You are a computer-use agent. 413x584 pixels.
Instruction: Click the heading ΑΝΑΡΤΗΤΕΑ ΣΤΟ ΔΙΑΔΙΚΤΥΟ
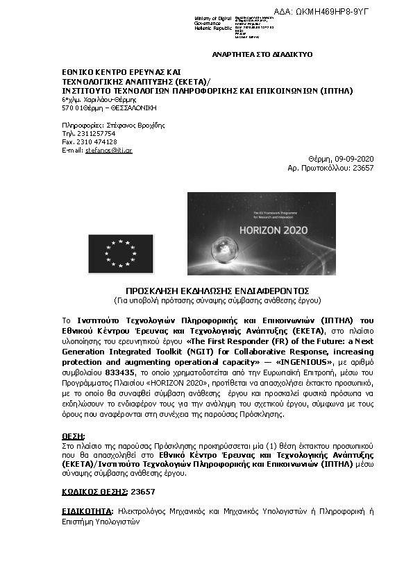[x=262, y=54]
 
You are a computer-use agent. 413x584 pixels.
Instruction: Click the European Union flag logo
[x=120, y=253]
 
